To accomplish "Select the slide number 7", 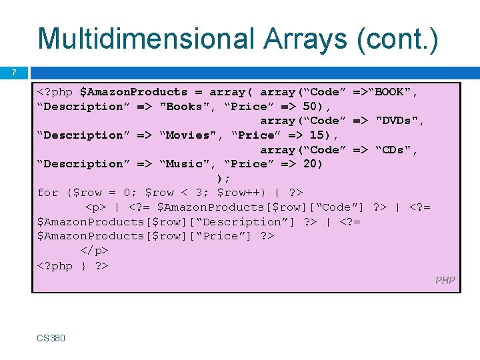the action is click(15, 72).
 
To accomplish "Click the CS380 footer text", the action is click(51, 338).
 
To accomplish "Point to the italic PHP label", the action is click(445, 280).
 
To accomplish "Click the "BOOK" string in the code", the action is click(394, 92).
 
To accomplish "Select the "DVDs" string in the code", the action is click(400, 121).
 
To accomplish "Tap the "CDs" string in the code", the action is click(398, 149).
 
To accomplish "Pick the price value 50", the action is click(310, 107).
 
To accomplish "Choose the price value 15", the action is click(317, 135).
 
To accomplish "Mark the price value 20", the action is click(310, 164).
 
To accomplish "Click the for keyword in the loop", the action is click(48, 193).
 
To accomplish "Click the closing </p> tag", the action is click(95, 251).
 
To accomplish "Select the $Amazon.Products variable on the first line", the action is click(133, 92).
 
